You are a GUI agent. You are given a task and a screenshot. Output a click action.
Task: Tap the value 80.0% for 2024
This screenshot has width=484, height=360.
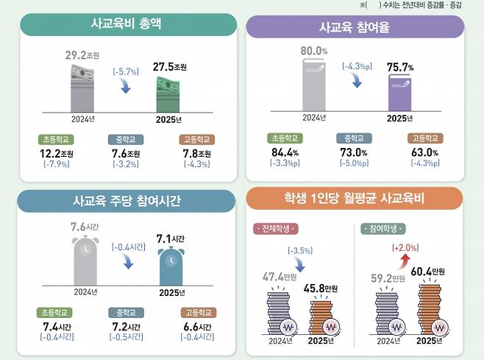(315, 52)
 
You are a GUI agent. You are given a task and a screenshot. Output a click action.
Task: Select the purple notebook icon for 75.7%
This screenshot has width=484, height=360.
(401, 94)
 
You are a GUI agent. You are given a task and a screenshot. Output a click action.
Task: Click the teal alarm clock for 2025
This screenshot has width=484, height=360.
(171, 267)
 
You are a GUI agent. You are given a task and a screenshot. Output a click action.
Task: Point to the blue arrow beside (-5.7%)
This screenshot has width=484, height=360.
(127, 88)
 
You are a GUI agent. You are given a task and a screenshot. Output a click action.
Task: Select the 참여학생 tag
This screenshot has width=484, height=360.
(380, 229)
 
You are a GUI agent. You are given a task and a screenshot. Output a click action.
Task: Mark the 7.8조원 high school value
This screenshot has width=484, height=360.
(195, 152)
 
